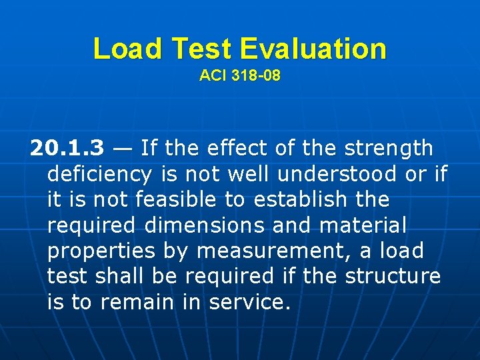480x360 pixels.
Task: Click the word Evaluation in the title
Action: point(313,49)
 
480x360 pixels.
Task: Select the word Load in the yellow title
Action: point(128,49)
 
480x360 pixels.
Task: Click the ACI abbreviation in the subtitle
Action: point(213,76)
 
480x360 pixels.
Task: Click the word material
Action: point(363,225)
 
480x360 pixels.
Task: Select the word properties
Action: point(101,251)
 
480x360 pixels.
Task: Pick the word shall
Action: point(121,277)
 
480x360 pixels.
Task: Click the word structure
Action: point(393,277)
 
